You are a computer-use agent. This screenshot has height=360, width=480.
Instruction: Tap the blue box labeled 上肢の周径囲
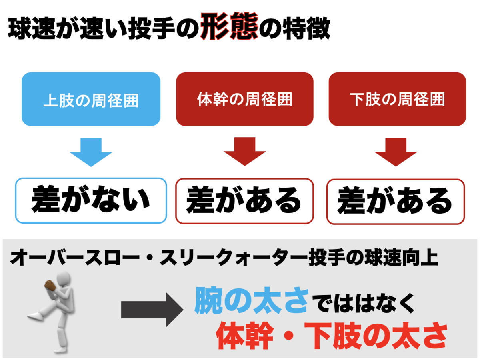point(91,99)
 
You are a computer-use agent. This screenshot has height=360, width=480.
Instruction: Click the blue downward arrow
point(91,152)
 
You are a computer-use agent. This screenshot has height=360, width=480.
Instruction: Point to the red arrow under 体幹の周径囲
point(245,152)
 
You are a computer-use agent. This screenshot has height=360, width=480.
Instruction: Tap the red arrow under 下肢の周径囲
point(396,152)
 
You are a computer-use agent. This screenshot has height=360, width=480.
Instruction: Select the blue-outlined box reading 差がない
point(91,200)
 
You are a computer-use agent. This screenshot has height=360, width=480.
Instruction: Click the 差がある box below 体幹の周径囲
point(244,200)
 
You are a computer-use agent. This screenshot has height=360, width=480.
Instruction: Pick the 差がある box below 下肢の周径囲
point(396,200)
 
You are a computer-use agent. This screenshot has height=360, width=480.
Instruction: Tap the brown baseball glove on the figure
point(50,285)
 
